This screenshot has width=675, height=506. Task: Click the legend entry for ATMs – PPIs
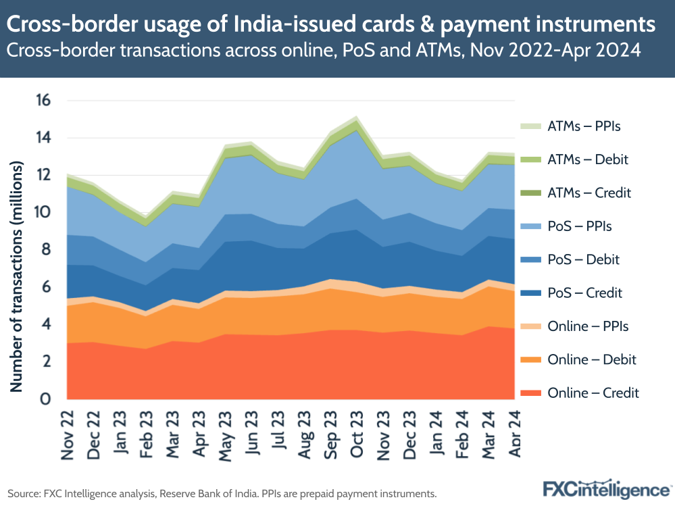(584, 126)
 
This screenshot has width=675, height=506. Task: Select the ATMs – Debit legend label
(588, 160)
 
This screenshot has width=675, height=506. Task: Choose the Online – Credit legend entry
(593, 393)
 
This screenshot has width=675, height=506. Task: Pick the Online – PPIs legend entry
(588, 326)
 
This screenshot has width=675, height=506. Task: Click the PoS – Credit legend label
(584, 293)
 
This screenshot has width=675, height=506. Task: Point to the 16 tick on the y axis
(43, 101)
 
